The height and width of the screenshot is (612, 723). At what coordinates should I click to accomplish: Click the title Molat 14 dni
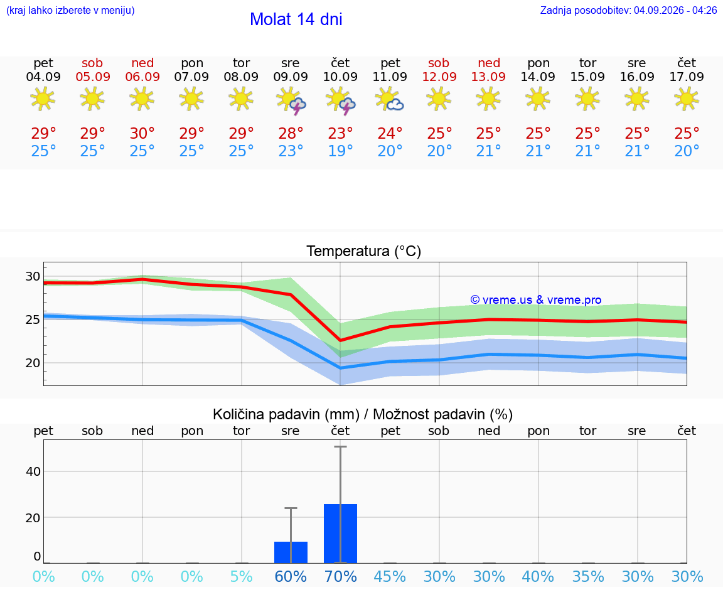pos(296,19)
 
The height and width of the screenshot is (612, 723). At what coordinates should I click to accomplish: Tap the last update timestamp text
pos(628,10)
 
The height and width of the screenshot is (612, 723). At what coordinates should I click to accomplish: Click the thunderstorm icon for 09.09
pos(291,100)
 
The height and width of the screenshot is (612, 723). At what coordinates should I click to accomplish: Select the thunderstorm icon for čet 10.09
pos(341,100)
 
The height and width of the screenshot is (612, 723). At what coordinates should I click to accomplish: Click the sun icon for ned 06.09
pos(142,99)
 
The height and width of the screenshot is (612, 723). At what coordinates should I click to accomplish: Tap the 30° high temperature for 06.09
pos(142,133)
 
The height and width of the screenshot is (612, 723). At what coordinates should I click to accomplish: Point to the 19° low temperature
pos(340,151)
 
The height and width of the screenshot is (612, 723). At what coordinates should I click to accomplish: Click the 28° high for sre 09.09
pos(291,133)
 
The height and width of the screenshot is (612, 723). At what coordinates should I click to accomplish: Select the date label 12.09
pos(439,77)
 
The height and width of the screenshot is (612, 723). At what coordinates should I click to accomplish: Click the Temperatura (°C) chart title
pos(364,251)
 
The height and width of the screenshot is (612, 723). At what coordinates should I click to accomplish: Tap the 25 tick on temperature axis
pos(33,319)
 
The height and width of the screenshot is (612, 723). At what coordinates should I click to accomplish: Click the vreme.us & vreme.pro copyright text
pos(536,300)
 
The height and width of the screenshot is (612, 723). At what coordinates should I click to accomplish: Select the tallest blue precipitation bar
pos(340,534)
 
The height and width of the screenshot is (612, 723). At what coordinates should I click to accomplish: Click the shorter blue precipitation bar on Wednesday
pos(291,552)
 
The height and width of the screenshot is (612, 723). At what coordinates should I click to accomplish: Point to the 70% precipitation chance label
pos(341,576)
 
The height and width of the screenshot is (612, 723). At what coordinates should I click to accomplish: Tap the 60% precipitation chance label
pos(291,576)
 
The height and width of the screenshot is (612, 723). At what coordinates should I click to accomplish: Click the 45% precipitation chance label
pos(390,576)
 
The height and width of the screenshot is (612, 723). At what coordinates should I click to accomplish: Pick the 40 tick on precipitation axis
pos(33,471)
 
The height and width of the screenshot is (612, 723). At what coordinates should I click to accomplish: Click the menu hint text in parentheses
pos(70,10)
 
